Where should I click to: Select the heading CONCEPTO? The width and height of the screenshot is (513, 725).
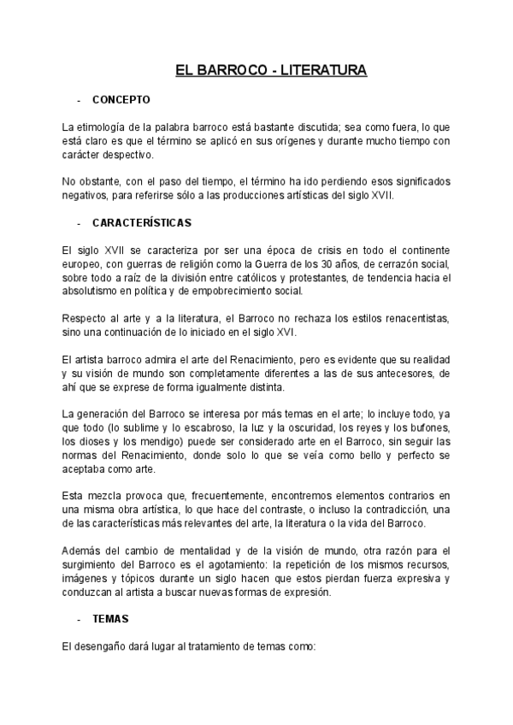pyautogui.click(x=121, y=99)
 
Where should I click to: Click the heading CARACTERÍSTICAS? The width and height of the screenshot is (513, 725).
pyautogui.click(x=142, y=222)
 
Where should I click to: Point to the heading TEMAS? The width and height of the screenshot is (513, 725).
pyautogui.click(x=109, y=618)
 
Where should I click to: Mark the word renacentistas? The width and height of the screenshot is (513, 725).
pyautogui.click(x=416, y=319)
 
